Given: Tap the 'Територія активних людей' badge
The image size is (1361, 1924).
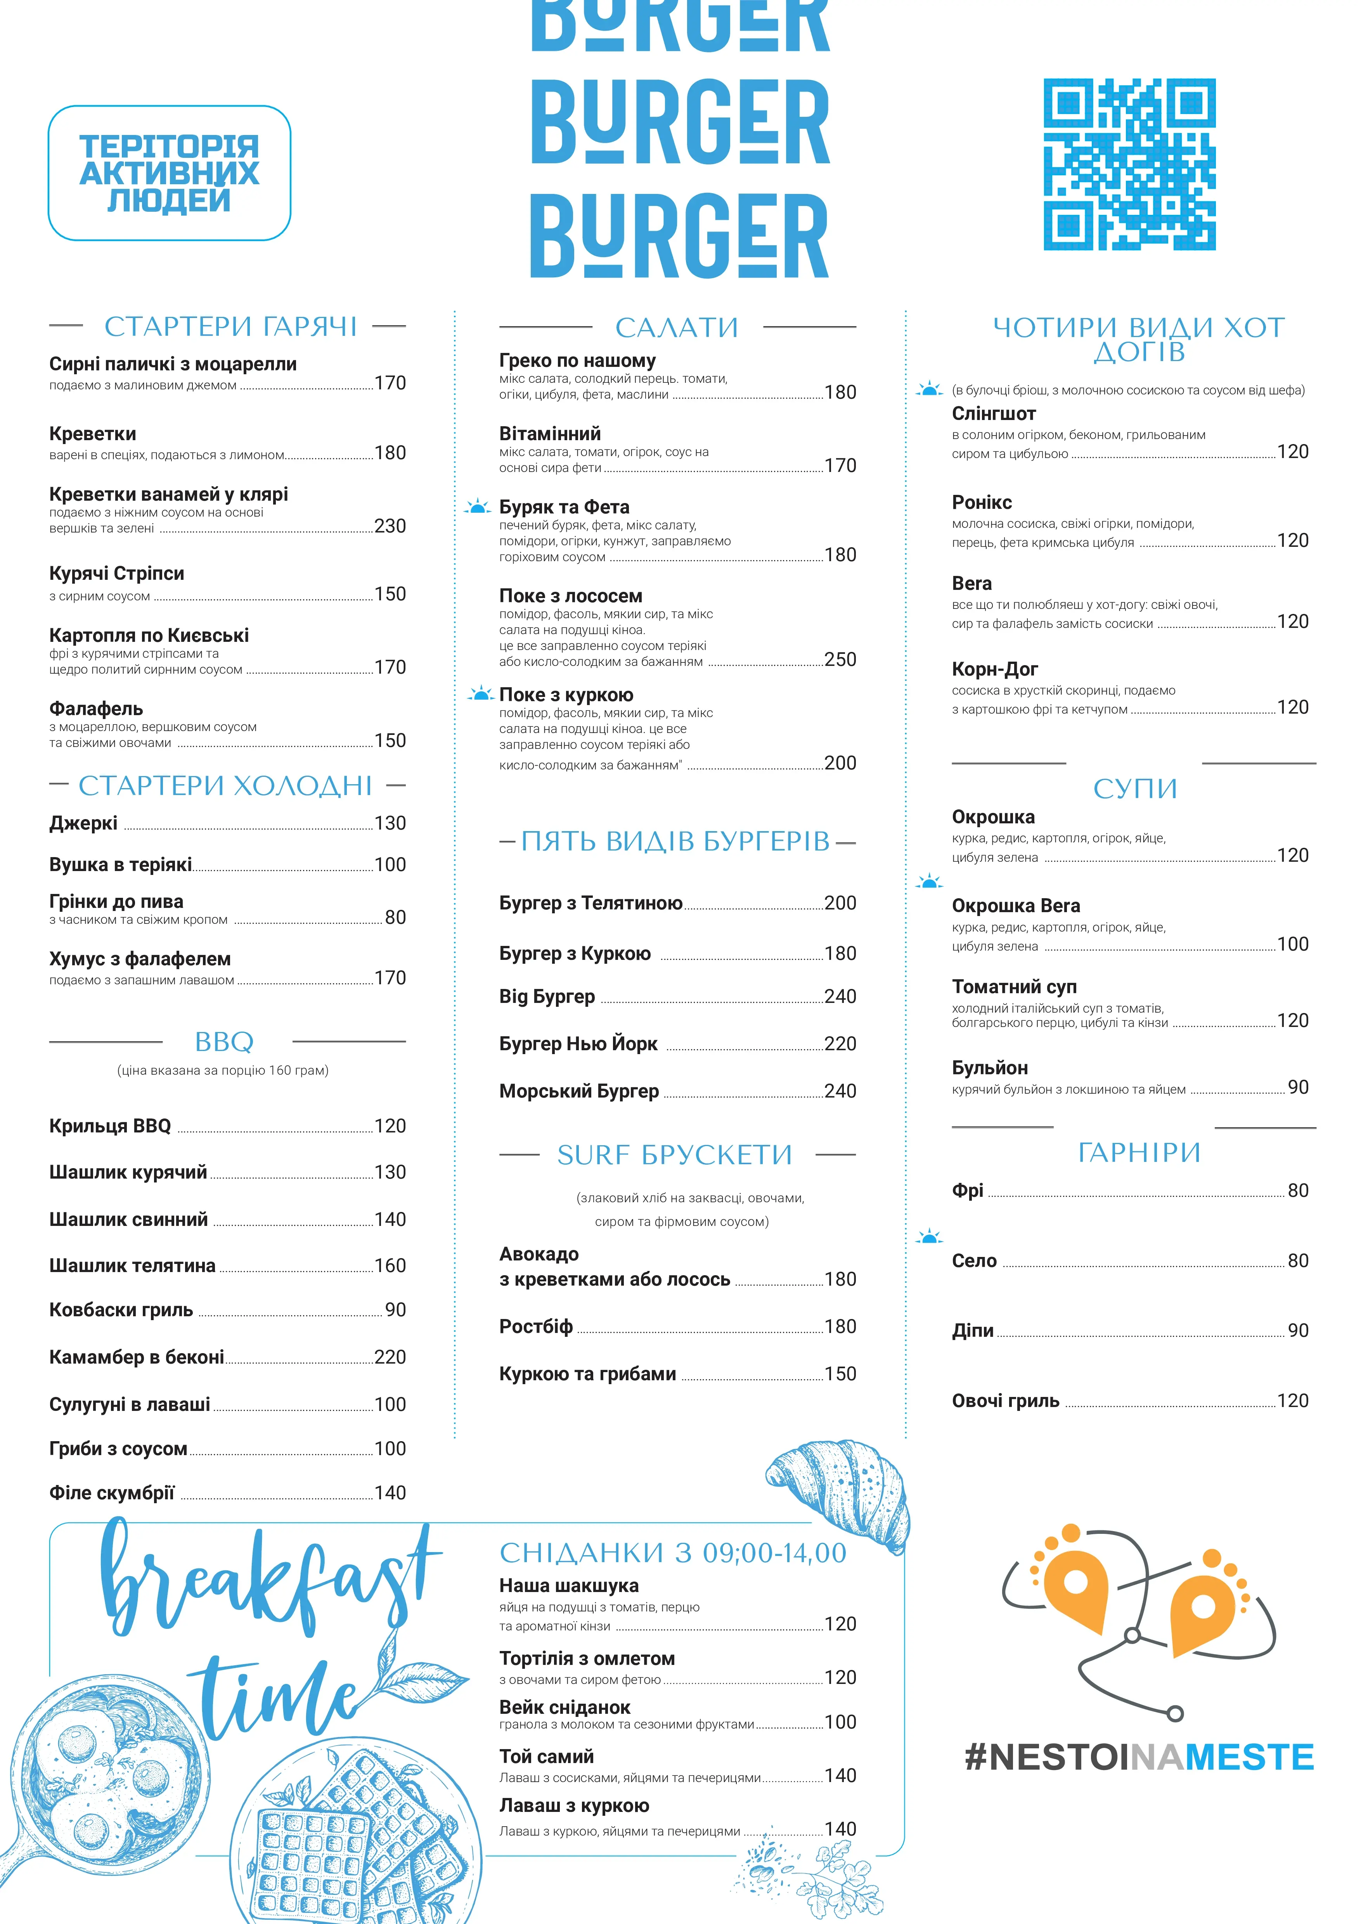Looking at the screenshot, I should (169, 173).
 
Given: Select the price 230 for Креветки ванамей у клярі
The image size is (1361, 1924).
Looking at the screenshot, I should (390, 526).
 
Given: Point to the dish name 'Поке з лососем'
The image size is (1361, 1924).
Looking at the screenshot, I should (571, 596).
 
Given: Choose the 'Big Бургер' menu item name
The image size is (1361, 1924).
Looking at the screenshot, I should (547, 996).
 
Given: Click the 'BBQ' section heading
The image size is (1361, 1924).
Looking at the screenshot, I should (224, 1042).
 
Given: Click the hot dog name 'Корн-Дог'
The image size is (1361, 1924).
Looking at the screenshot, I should (995, 669).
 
